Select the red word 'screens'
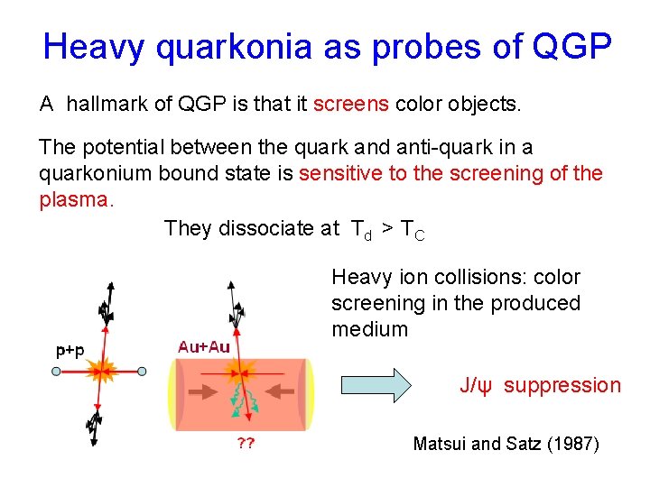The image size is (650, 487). click(351, 105)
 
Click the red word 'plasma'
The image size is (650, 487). click(73, 200)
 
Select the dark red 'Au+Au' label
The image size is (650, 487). click(204, 346)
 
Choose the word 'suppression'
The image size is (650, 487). click(562, 386)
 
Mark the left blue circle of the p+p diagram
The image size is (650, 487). click(57, 371)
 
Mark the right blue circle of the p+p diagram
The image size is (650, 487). click(143, 371)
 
